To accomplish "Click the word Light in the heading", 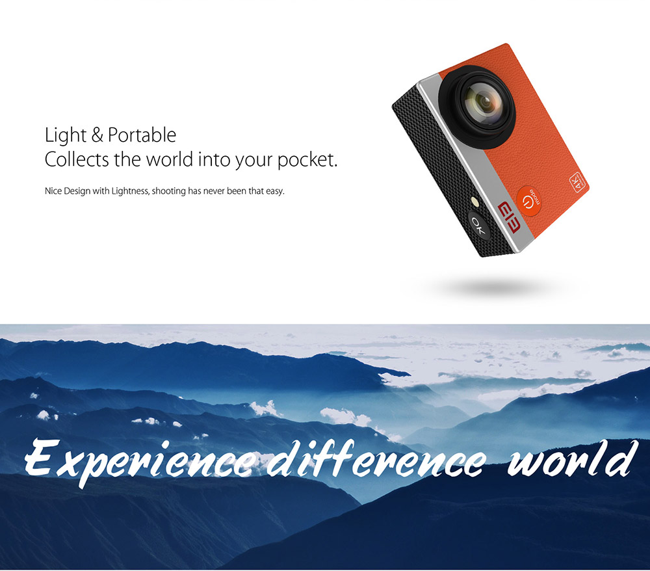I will click(65, 135).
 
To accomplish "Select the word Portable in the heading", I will click(142, 135).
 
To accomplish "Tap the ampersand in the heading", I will click(97, 136).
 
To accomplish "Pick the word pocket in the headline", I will click(307, 160).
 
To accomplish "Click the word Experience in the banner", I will click(136, 459).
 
